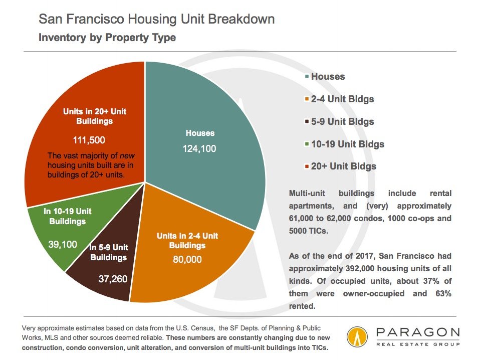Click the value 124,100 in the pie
(199, 148)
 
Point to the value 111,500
(89, 140)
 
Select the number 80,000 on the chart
(187, 260)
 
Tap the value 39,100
(63, 244)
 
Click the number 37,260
(113, 279)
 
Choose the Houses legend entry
(325, 76)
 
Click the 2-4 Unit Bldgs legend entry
(339, 99)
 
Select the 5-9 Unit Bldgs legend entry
(339, 122)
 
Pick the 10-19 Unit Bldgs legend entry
(344, 144)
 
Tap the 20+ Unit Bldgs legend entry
(340, 166)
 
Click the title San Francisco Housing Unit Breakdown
(156, 19)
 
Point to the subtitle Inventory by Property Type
(107, 38)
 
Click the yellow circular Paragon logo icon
(357, 337)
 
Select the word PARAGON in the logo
(418, 332)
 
